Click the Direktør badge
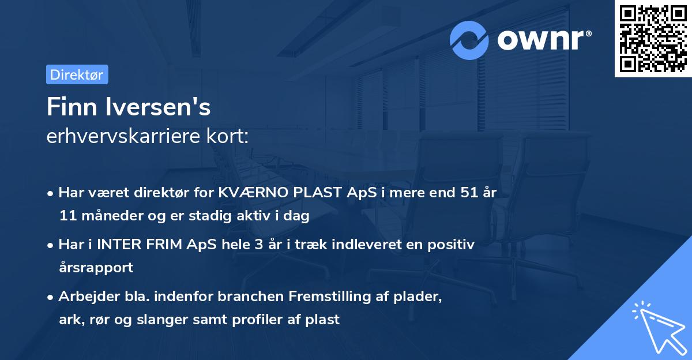[77, 74]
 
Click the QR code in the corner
[653, 38]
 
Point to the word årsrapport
[96, 267]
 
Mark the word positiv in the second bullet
[450, 245]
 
